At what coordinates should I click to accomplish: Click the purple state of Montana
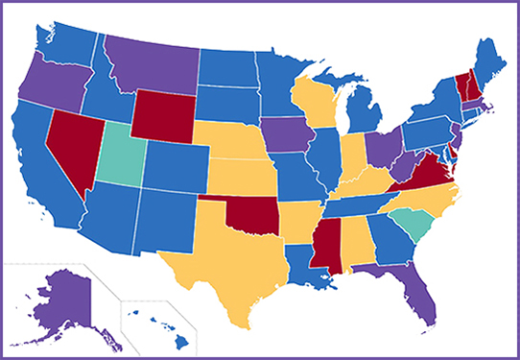[x=154, y=62]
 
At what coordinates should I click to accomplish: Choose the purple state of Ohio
[x=381, y=149]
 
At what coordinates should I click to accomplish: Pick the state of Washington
[x=67, y=43]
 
